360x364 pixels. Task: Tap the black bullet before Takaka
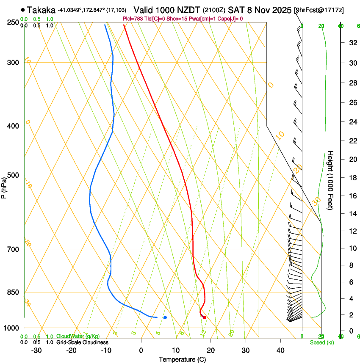tap(23, 10)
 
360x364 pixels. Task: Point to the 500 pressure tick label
tap(13, 175)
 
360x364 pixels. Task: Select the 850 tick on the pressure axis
tap(13, 292)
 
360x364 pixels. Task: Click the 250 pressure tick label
tap(13, 22)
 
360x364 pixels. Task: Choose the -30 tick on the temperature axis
tap(36, 350)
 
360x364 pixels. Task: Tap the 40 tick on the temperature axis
tap(280, 350)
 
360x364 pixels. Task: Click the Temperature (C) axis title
tap(183, 359)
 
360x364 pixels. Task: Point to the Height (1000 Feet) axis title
tap(331, 180)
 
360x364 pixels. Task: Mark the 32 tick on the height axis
tap(352, 42)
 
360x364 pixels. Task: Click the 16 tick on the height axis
tap(352, 196)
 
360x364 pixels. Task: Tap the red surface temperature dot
tap(204, 317)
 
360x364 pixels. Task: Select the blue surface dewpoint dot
tap(165, 317)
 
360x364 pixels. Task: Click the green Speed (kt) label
tap(322, 342)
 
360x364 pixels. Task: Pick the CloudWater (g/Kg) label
tap(78, 336)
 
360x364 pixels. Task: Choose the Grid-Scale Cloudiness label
tap(82, 342)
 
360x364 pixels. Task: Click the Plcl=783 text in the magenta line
tap(132, 19)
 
